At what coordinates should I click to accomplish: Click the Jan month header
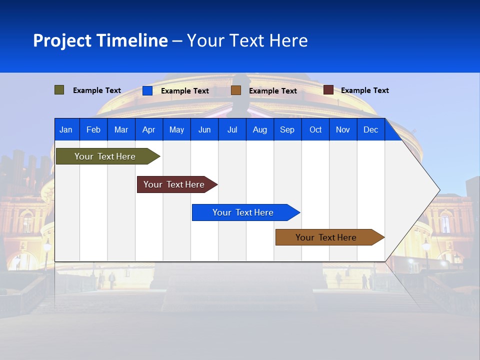[66, 129]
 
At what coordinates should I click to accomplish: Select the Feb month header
[93, 129]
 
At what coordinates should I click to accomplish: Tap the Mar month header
[121, 129]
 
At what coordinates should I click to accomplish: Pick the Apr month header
[148, 129]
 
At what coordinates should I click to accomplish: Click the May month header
[176, 129]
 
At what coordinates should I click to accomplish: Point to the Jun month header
[204, 129]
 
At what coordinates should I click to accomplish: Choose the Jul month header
[232, 129]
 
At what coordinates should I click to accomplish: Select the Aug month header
[259, 129]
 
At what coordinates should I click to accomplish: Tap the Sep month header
[287, 129]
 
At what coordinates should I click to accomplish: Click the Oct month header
[315, 129]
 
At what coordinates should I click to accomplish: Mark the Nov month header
[343, 129]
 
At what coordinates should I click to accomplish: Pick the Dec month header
[370, 129]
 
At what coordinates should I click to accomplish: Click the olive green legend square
[59, 90]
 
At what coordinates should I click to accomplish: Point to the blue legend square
[147, 90]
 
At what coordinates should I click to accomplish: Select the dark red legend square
[328, 90]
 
